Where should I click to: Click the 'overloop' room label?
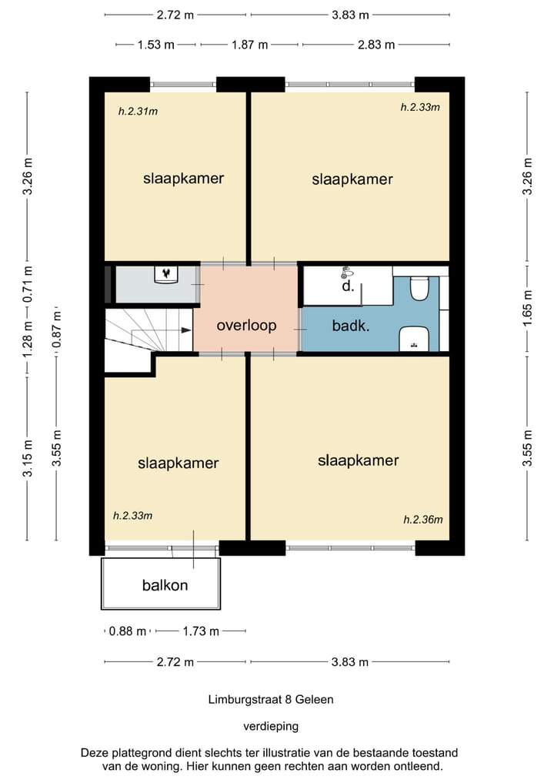[x=246, y=326]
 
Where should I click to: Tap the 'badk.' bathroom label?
[x=351, y=326]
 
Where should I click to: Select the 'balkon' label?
[x=165, y=585]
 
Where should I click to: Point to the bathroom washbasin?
[x=414, y=339]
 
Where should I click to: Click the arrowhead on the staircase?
[x=186, y=330]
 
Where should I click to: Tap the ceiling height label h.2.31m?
[x=138, y=112]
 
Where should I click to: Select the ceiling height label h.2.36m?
[x=422, y=520]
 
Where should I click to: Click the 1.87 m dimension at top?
[x=249, y=45]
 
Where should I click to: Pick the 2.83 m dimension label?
[x=375, y=45]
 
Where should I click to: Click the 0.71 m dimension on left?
[x=28, y=284]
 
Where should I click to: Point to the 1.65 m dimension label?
[x=528, y=308]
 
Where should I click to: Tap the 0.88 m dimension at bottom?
[x=127, y=631]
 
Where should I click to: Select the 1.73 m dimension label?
[x=201, y=631]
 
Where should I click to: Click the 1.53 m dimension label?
[x=155, y=45]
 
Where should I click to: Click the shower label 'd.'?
[x=348, y=286]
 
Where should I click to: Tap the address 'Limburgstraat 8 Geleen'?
[x=271, y=699]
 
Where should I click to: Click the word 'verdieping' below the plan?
[x=271, y=726]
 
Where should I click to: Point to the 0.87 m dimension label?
[x=58, y=330]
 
